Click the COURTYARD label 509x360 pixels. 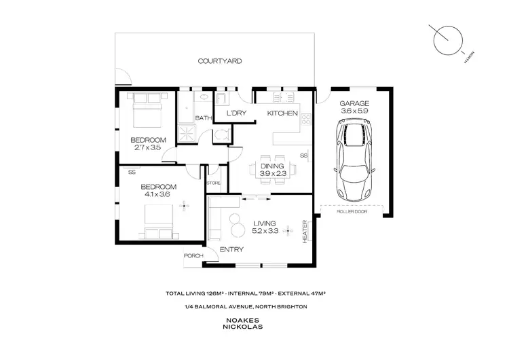click(x=220, y=61)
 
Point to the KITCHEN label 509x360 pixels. click(x=282, y=113)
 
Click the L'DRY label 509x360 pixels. click(x=235, y=113)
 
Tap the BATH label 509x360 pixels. click(x=203, y=118)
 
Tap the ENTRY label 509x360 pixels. click(x=231, y=250)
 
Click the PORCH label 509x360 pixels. click(x=192, y=256)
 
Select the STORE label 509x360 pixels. click(x=214, y=183)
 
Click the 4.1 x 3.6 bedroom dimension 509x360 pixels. click(x=158, y=195)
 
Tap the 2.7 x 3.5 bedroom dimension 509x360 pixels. click(x=147, y=147)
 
